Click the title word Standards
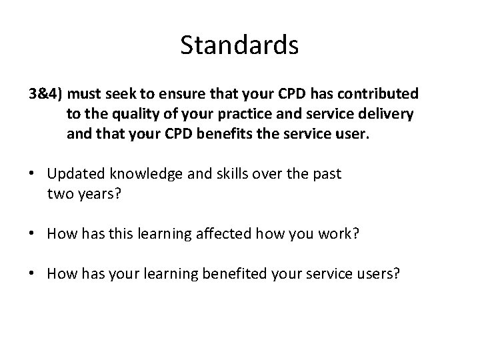point(239,45)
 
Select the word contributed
point(381,94)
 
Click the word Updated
point(73,174)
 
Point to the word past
point(327,174)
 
